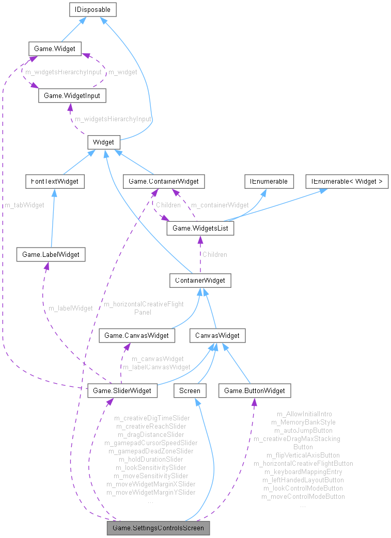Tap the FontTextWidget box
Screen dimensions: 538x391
(55, 181)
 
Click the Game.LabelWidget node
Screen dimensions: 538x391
(51, 254)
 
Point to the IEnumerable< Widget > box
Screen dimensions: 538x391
(347, 181)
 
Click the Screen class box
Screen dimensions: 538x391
(190, 390)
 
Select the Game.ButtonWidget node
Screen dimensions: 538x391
(255, 390)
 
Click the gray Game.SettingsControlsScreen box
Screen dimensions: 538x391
(159, 528)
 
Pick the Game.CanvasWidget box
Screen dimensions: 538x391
(136, 336)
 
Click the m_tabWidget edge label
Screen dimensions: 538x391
(24, 205)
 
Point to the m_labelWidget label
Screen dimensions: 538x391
(70, 308)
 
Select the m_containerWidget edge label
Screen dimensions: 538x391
(220, 205)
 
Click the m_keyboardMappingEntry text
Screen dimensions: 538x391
(303, 471)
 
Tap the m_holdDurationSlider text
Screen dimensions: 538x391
(151, 459)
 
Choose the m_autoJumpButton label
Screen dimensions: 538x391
(303, 430)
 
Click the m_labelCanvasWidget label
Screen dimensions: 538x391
(156, 367)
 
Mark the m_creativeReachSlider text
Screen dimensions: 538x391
(151, 426)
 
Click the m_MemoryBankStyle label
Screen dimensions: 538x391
(303, 422)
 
